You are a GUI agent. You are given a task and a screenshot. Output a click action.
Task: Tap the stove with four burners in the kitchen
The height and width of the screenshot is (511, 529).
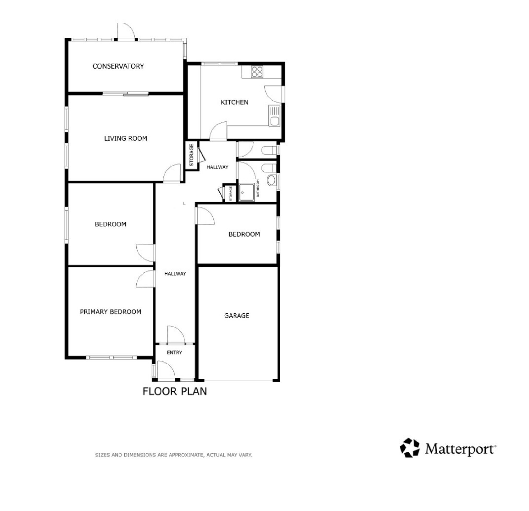[x=257, y=72]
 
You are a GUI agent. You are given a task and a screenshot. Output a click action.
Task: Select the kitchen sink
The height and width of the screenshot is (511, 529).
[x=275, y=116]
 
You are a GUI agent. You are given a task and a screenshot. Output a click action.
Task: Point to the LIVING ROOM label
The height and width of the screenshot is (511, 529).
[x=125, y=138]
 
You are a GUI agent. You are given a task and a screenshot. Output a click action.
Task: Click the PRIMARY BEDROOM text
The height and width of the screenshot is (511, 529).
[x=111, y=312]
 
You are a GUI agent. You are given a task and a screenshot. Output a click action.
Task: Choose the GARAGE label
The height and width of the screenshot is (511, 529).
[x=237, y=315]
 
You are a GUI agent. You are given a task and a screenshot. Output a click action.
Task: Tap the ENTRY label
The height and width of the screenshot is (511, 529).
[x=174, y=352]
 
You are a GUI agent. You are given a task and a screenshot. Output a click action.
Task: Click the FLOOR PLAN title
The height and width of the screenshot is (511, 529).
[x=175, y=391]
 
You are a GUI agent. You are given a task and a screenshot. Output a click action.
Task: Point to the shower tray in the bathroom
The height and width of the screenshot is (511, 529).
[x=246, y=192]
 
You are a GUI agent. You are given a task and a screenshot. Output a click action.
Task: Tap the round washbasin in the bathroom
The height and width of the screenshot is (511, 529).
[x=271, y=180]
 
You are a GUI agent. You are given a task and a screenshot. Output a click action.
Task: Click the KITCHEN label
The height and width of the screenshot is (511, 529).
[x=235, y=102]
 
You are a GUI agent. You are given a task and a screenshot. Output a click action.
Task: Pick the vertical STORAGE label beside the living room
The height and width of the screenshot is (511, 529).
[x=192, y=155]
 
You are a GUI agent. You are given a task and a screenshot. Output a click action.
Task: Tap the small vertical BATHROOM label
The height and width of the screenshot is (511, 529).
[x=258, y=188]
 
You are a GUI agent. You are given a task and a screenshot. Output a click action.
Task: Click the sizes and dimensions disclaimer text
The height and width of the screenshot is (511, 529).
[x=173, y=455]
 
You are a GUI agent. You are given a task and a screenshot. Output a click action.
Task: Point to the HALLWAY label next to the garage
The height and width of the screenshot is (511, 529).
[x=175, y=274]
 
